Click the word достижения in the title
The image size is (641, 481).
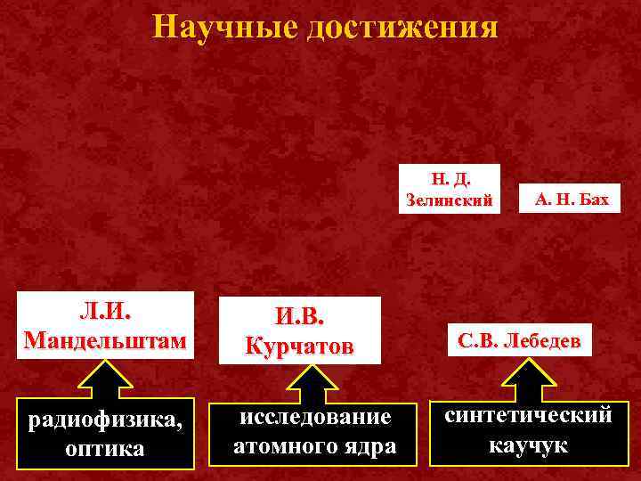(403, 27)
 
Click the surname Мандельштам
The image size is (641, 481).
(106, 340)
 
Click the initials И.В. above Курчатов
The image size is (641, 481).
(301, 315)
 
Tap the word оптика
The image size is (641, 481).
(104, 447)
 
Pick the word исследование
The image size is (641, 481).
(315, 417)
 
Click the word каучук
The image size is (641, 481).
(528, 444)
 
